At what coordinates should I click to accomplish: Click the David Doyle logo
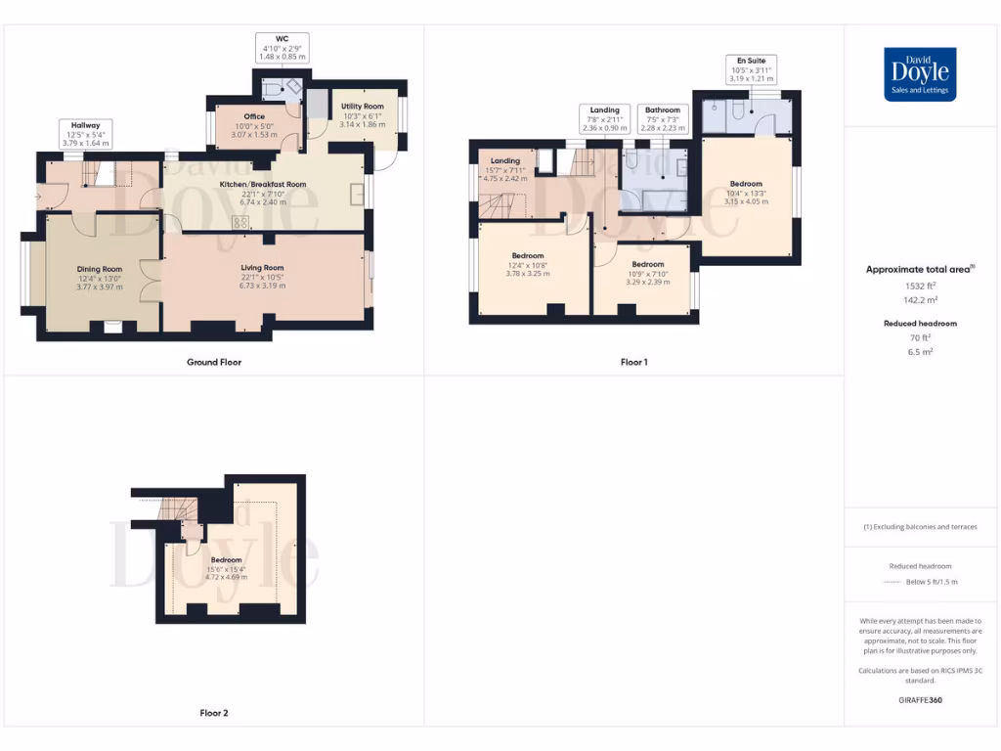[x=920, y=74]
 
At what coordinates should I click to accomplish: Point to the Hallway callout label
[x=85, y=133]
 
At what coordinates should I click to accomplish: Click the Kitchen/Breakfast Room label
[x=263, y=189]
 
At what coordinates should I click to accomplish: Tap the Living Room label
[x=262, y=276]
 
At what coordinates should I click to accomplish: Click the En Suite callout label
[x=752, y=69]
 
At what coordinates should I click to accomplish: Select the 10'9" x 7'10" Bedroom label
[x=647, y=273]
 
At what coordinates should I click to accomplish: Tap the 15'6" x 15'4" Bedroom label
[x=226, y=568]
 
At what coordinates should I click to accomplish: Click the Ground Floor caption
[x=214, y=362]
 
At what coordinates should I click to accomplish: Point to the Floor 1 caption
[x=633, y=362]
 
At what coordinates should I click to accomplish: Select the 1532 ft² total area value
[x=919, y=287]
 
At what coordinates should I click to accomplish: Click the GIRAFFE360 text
[x=919, y=700]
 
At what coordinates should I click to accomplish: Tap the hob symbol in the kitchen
[x=240, y=223]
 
